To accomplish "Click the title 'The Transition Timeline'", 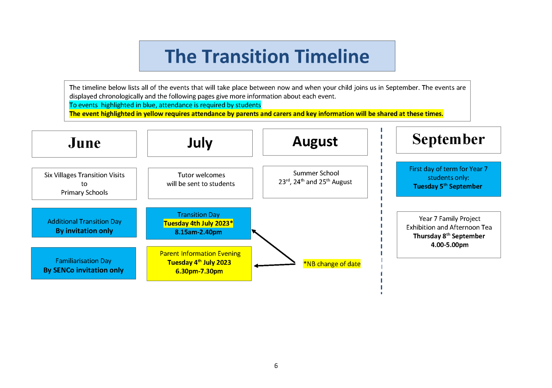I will coord(267,56).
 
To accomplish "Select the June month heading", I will coord(84,144).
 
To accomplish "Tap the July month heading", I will coord(200,143).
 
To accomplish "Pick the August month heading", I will coord(315,142).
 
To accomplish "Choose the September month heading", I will coord(448,140).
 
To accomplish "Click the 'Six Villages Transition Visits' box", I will coord(84,184).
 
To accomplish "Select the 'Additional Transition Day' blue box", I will coord(84,223).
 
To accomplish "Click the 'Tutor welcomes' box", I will coord(201,183).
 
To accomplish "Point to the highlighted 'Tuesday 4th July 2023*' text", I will coord(198,223).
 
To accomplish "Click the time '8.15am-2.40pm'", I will coord(198,232).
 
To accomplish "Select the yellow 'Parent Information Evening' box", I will coord(199,263).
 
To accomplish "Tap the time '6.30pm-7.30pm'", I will coord(199,271).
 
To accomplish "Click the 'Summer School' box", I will coord(315,182).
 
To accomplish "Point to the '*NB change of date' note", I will coord(332,264).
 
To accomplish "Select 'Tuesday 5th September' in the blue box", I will coord(447,186).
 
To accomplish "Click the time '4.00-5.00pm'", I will coord(450,245).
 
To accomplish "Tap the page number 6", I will coord(276,366).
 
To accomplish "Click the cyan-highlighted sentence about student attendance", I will coord(165,105).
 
